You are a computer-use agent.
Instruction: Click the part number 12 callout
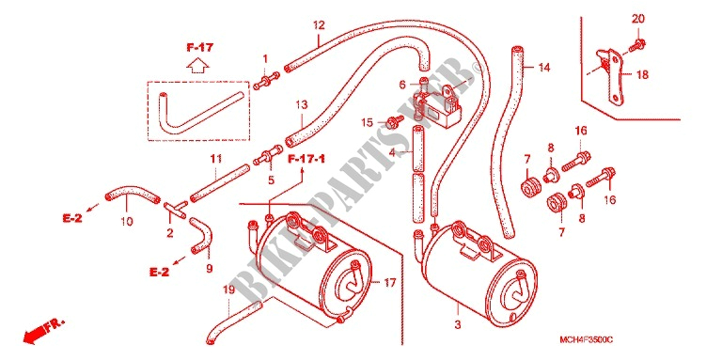click(319, 24)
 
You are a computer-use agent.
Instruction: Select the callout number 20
click(638, 18)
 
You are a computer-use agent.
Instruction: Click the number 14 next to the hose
click(543, 68)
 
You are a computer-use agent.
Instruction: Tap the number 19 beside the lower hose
click(228, 290)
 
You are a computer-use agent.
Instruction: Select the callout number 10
click(126, 223)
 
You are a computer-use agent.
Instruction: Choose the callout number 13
click(301, 103)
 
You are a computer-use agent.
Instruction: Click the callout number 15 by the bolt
click(369, 122)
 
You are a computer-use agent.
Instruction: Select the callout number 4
click(395, 150)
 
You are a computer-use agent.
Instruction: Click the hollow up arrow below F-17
click(197, 66)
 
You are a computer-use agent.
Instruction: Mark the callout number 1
click(265, 58)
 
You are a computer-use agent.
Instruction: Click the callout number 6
click(402, 86)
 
